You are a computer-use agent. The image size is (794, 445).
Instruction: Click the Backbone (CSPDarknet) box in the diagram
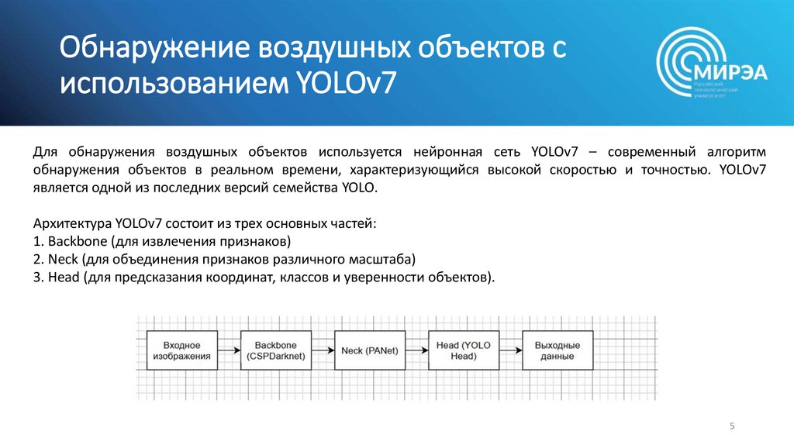[274, 350]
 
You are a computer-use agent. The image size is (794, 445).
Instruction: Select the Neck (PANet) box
[370, 350]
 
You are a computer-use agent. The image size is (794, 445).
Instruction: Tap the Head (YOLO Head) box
[463, 350]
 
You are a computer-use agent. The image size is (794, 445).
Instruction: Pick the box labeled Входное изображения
[181, 350]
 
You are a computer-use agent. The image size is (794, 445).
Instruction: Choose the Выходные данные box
[556, 350]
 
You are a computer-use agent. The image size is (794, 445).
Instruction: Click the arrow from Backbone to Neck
[322, 350]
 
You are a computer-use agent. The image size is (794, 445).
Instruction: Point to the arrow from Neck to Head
[416, 350]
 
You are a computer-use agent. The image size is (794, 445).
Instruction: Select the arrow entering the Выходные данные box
[510, 350]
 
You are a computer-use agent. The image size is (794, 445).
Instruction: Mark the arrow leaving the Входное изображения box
[228, 350]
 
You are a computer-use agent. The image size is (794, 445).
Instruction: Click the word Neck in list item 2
[60, 258]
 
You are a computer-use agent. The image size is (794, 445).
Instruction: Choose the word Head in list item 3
[62, 277]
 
